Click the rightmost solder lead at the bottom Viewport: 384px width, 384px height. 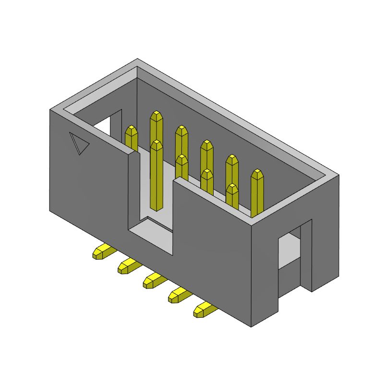[204, 310]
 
